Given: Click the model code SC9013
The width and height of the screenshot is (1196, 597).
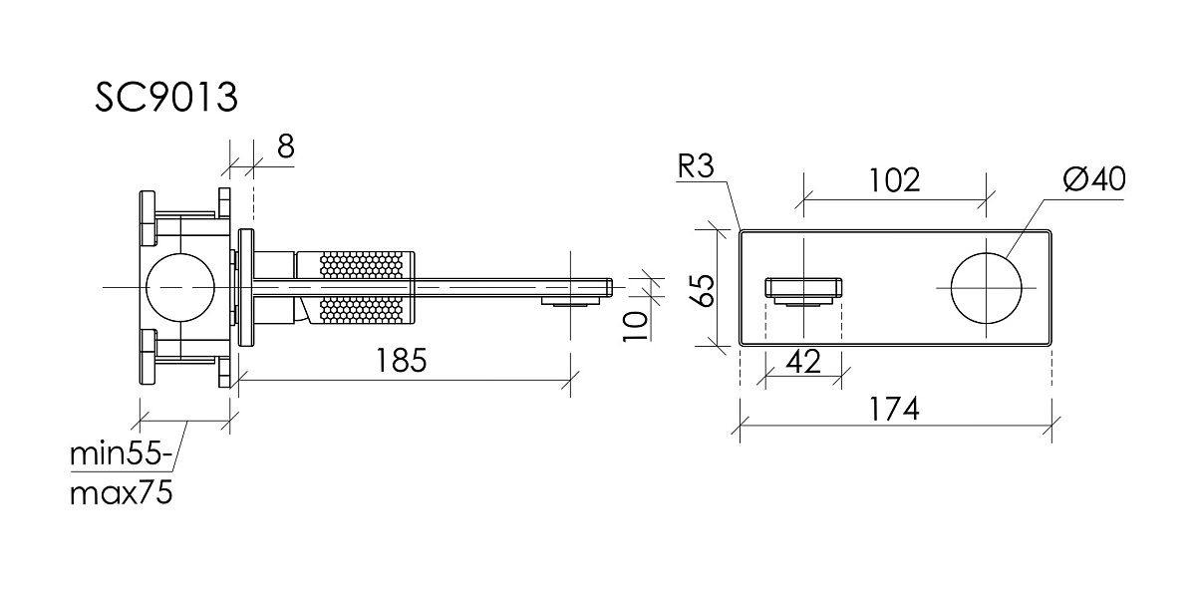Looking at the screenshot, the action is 166,98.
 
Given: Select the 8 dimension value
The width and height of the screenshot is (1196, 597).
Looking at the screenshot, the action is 286,147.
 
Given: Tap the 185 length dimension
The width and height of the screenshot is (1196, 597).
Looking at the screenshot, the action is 402,361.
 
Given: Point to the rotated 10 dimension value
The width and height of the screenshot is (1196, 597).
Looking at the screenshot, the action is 636,326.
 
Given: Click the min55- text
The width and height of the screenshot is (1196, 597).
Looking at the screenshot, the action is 122,453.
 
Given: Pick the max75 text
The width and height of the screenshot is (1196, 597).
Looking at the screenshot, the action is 122,492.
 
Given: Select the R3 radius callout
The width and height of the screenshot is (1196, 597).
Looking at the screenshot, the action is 696,166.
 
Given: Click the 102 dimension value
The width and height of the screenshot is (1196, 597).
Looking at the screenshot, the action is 895,180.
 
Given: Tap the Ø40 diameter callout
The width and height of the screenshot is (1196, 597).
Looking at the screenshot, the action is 1094,178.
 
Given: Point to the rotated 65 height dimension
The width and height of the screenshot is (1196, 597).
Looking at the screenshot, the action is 706,290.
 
